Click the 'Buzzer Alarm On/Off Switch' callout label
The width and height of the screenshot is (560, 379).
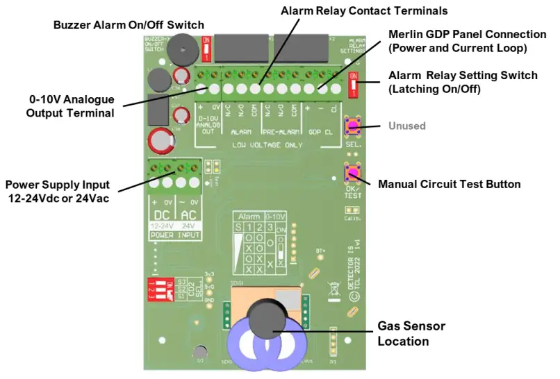[129, 26]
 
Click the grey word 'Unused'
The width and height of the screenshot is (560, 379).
[406, 126]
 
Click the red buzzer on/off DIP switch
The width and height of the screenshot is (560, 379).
[206, 49]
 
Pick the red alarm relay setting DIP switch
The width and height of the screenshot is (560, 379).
[354, 85]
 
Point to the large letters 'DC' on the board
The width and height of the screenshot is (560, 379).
[162, 215]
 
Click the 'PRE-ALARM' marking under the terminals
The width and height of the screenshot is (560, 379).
[280, 130]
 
